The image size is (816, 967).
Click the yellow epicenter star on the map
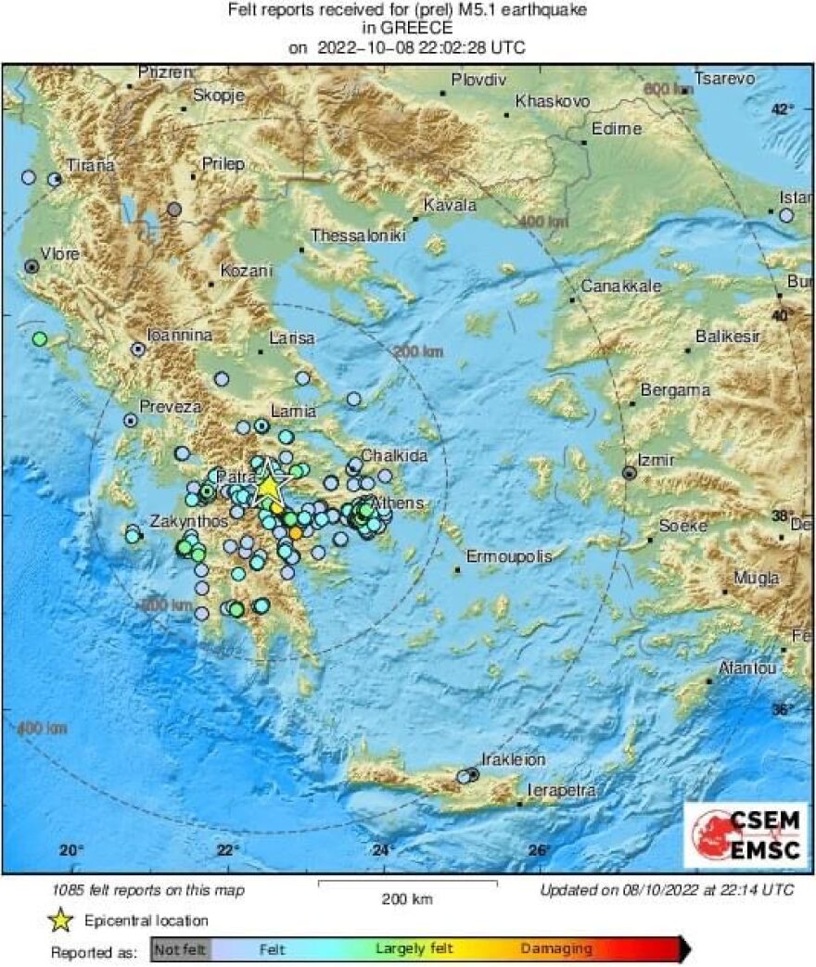click(268, 485)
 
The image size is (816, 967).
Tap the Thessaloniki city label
click(358, 236)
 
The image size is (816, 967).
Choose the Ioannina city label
click(180, 336)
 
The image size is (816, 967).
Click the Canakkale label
click(621, 286)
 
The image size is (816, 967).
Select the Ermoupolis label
click(509, 556)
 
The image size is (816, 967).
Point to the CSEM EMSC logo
click(745, 834)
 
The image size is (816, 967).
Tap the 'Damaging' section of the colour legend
click(556, 948)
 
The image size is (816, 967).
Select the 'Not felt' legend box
click(181, 948)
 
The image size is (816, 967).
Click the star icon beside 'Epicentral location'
click(62, 921)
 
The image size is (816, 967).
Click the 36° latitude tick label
click(784, 709)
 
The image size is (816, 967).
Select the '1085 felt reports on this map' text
click(148, 890)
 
